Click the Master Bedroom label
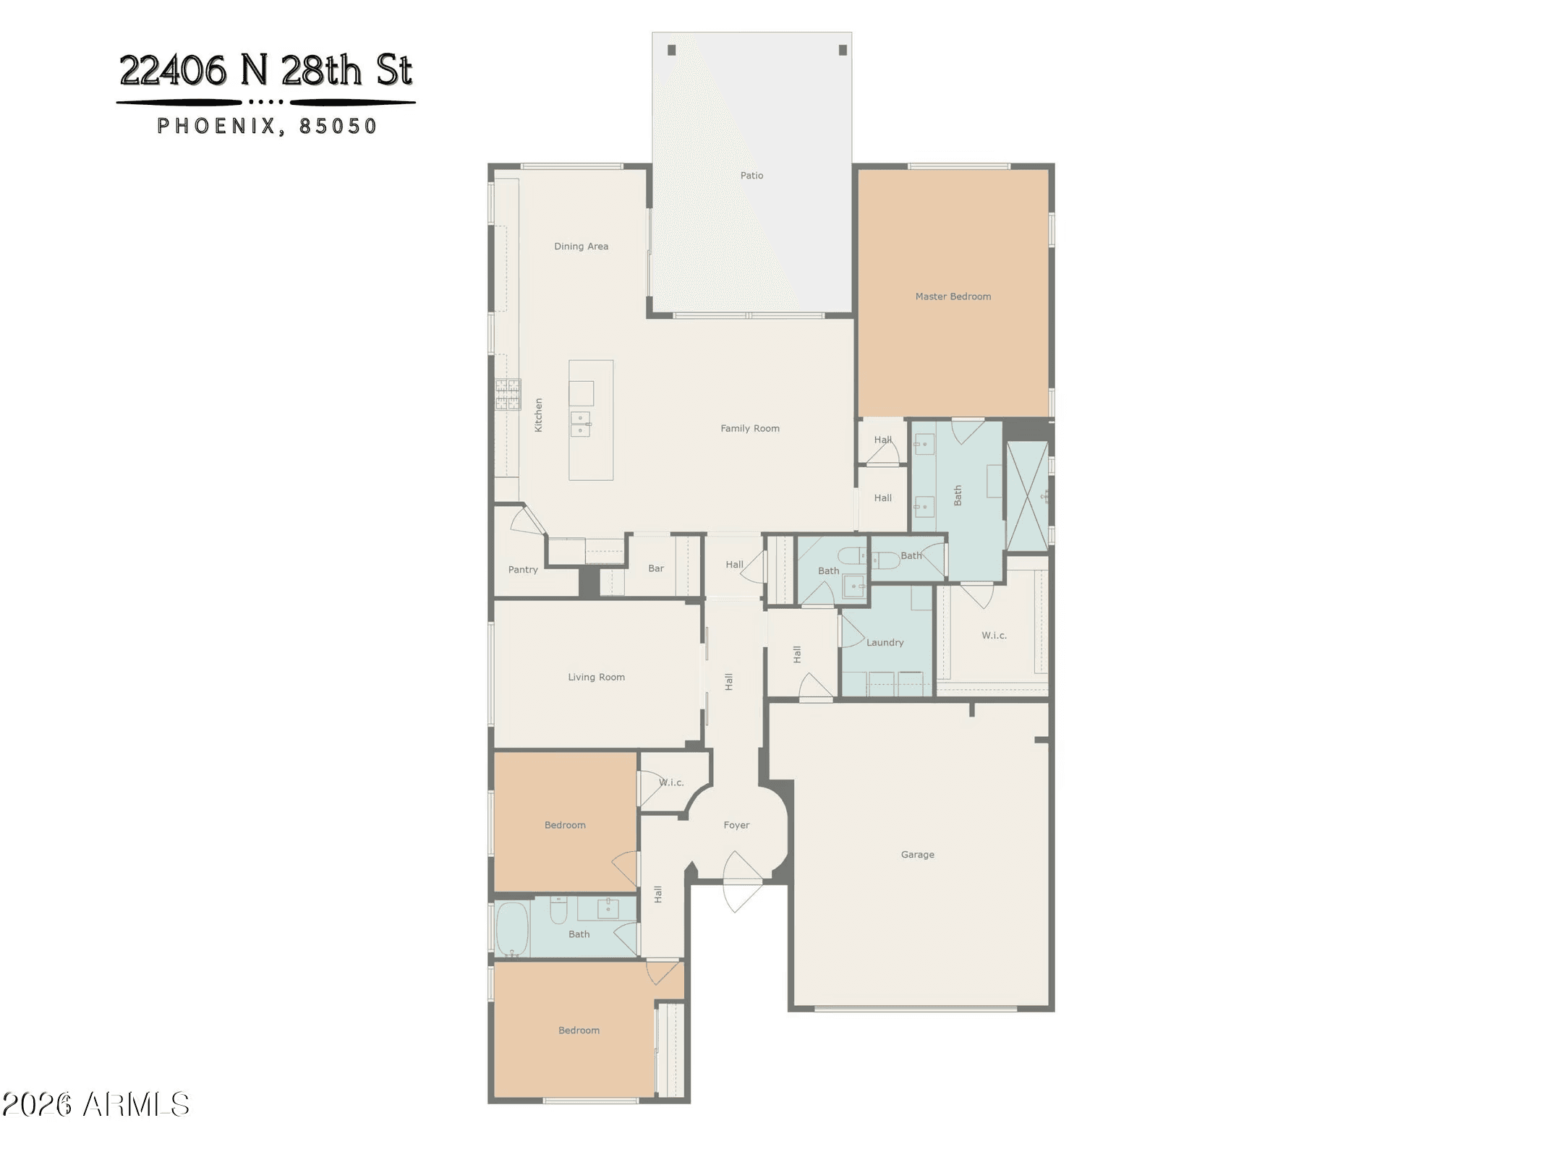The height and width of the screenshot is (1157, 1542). point(953,296)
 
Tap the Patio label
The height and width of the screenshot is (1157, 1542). point(751,176)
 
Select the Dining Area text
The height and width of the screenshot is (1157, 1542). point(581,247)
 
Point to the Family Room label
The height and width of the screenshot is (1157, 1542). point(750,429)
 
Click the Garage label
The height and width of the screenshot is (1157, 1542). point(917,855)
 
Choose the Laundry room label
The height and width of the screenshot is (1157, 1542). point(885,643)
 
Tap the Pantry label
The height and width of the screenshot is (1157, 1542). point(523,570)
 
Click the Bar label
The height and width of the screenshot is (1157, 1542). point(656,568)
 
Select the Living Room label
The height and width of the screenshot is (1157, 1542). point(596,678)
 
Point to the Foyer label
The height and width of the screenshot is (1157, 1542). point(736,825)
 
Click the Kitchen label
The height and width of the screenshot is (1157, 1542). point(538,415)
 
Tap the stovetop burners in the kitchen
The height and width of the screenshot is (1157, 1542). point(508,394)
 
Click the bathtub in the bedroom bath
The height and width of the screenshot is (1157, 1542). point(513,929)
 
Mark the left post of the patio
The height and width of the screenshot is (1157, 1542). point(671,50)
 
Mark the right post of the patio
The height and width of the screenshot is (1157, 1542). point(843,50)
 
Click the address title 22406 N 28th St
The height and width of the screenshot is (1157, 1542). point(265,70)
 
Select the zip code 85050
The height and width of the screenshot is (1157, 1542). point(338,127)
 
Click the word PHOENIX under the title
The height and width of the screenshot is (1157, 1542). point(216,127)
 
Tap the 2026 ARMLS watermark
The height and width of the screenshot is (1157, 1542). point(95,1104)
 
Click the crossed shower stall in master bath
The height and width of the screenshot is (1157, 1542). point(1027,496)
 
